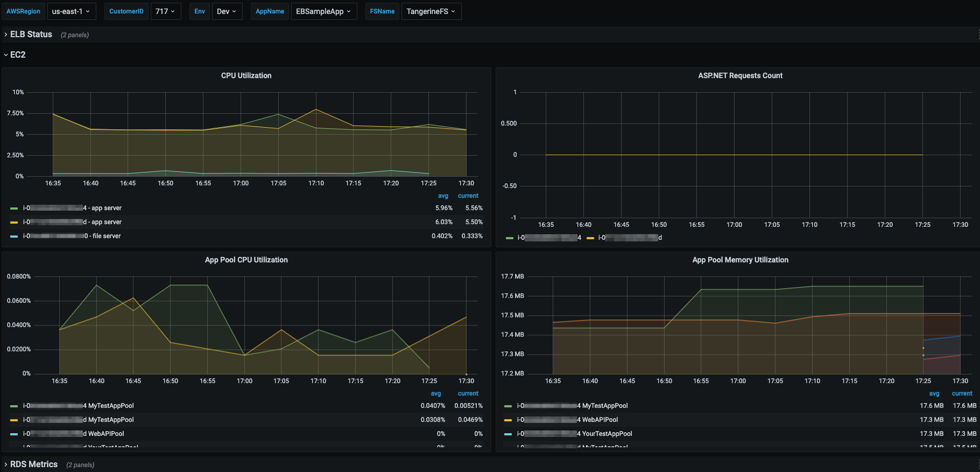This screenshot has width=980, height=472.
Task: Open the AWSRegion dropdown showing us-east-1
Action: [71, 11]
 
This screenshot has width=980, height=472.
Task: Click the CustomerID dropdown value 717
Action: [165, 11]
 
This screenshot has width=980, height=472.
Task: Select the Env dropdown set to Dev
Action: [226, 11]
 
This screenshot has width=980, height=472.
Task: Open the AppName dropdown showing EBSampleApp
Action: [323, 11]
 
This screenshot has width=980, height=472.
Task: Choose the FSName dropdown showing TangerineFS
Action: [431, 11]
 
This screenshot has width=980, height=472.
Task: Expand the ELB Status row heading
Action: [31, 34]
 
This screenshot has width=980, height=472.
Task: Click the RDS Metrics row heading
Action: [34, 464]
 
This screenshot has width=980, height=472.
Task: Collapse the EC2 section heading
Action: [18, 55]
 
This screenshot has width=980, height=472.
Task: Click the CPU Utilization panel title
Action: [246, 75]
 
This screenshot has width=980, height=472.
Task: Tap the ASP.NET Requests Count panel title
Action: [740, 75]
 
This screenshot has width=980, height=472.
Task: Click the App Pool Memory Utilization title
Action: [740, 260]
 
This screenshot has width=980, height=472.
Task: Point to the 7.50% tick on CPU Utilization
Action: [16, 113]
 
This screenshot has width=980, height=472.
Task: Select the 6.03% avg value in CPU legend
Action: [443, 222]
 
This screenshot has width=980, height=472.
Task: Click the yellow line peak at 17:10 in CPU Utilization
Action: [316, 109]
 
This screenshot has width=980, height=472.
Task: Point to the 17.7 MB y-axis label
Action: [512, 276]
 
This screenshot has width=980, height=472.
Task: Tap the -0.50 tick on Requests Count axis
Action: [509, 186]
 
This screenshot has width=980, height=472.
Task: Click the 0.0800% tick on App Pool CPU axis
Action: [19, 276]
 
